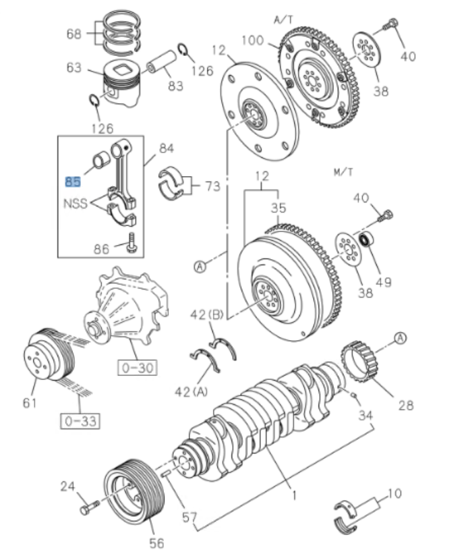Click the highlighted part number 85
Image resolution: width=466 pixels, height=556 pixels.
point(72,181)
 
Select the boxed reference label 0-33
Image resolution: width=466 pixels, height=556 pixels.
point(78,422)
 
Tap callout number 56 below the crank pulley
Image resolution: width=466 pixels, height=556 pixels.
point(156,542)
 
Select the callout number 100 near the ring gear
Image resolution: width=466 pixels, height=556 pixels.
point(253,41)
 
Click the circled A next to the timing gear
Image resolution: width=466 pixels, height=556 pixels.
point(401,337)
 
